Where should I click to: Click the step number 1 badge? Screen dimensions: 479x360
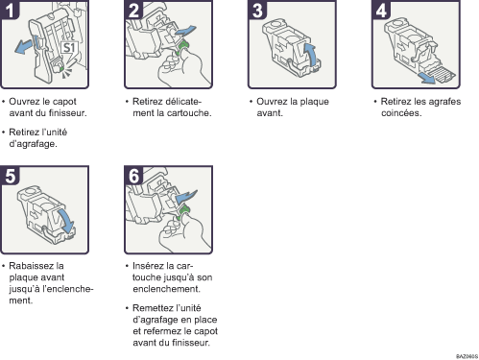(x=10, y=10)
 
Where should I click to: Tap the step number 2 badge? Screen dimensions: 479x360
(x=133, y=10)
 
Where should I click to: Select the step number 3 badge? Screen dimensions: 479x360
(x=257, y=10)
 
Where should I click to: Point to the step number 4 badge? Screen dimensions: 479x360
(x=381, y=10)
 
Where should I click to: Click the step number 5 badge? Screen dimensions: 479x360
(x=10, y=176)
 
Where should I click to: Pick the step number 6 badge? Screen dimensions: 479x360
(x=133, y=176)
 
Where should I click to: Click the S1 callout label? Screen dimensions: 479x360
(x=69, y=48)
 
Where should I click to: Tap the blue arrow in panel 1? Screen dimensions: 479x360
(x=24, y=47)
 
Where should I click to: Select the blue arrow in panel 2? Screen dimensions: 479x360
(x=185, y=31)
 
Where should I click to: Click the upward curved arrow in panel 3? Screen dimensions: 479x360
(x=310, y=55)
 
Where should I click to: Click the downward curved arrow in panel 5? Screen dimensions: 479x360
(x=66, y=221)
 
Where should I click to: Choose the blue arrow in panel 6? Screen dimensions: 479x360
(x=186, y=196)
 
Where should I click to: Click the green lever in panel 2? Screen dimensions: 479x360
(x=183, y=47)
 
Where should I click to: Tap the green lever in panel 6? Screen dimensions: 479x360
(x=182, y=213)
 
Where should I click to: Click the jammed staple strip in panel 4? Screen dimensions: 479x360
(x=443, y=75)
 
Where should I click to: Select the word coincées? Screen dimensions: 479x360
(x=401, y=113)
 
